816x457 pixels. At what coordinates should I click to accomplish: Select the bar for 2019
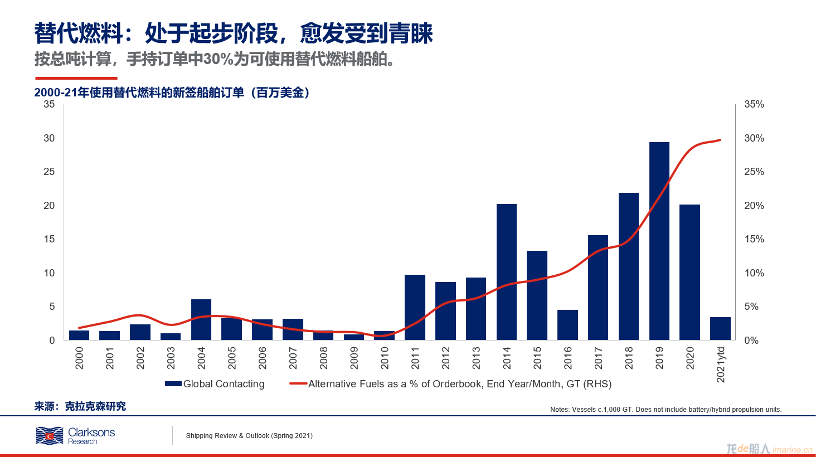[659, 241]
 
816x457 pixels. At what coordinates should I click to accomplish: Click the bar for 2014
[506, 272]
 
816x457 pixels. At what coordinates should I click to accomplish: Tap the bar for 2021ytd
[720, 328]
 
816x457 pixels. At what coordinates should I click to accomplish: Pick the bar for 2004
[201, 319]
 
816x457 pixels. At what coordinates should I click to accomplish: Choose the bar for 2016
[567, 325]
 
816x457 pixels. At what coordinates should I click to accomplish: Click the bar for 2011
[415, 307]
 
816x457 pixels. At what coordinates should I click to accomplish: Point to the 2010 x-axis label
[385, 358]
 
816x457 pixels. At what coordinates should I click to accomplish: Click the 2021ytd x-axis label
[721, 364]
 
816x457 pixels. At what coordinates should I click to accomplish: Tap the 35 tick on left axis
[49, 104]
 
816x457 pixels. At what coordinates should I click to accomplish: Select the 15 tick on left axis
[49, 239]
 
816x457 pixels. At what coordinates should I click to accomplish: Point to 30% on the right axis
[754, 138]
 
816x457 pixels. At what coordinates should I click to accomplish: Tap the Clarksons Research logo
[75, 436]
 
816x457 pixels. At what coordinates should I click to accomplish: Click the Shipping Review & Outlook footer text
[249, 436]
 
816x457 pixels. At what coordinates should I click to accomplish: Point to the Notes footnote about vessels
[666, 410]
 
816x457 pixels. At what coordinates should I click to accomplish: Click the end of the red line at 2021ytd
[720, 140]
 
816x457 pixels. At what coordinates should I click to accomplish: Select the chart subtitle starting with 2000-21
[172, 93]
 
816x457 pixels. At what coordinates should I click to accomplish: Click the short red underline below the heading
[76, 78]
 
